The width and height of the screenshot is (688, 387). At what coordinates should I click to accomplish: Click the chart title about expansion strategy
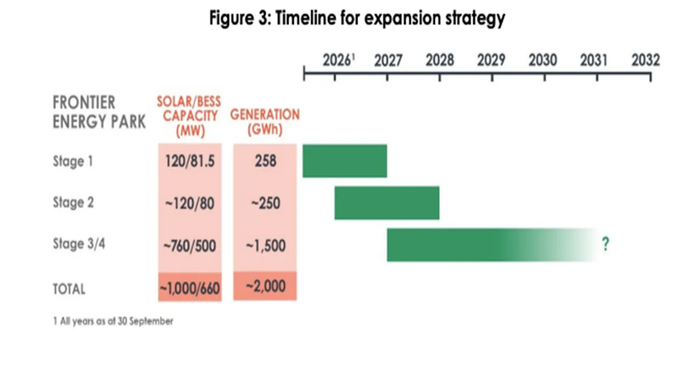pyautogui.click(x=357, y=18)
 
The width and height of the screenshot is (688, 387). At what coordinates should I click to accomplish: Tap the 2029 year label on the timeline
pyautogui.click(x=491, y=60)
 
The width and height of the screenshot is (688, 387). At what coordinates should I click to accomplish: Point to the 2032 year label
pyautogui.click(x=645, y=60)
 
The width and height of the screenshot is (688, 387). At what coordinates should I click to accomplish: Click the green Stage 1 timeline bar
pyautogui.click(x=345, y=161)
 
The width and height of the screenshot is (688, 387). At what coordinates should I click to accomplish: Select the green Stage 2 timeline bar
pyautogui.click(x=386, y=203)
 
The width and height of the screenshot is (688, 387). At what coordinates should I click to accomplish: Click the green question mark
pyautogui.click(x=606, y=245)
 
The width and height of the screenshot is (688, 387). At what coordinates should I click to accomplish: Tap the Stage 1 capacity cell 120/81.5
pyautogui.click(x=190, y=161)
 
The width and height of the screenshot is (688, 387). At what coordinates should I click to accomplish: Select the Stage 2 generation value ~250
pyautogui.click(x=265, y=203)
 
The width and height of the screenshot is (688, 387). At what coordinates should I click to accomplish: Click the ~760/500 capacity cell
pyautogui.click(x=190, y=246)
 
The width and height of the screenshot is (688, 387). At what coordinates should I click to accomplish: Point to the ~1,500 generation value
pyautogui.click(x=265, y=246)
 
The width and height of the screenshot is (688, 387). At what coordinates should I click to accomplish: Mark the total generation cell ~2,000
pyautogui.click(x=265, y=286)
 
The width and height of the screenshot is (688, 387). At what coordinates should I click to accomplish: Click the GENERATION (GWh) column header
pyautogui.click(x=265, y=122)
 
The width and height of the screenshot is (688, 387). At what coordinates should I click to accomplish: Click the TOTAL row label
pyautogui.click(x=69, y=289)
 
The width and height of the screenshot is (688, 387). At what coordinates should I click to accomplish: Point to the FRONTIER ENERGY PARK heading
pyautogui.click(x=99, y=112)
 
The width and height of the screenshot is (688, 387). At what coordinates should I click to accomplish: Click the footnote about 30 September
pyautogui.click(x=113, y=321)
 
